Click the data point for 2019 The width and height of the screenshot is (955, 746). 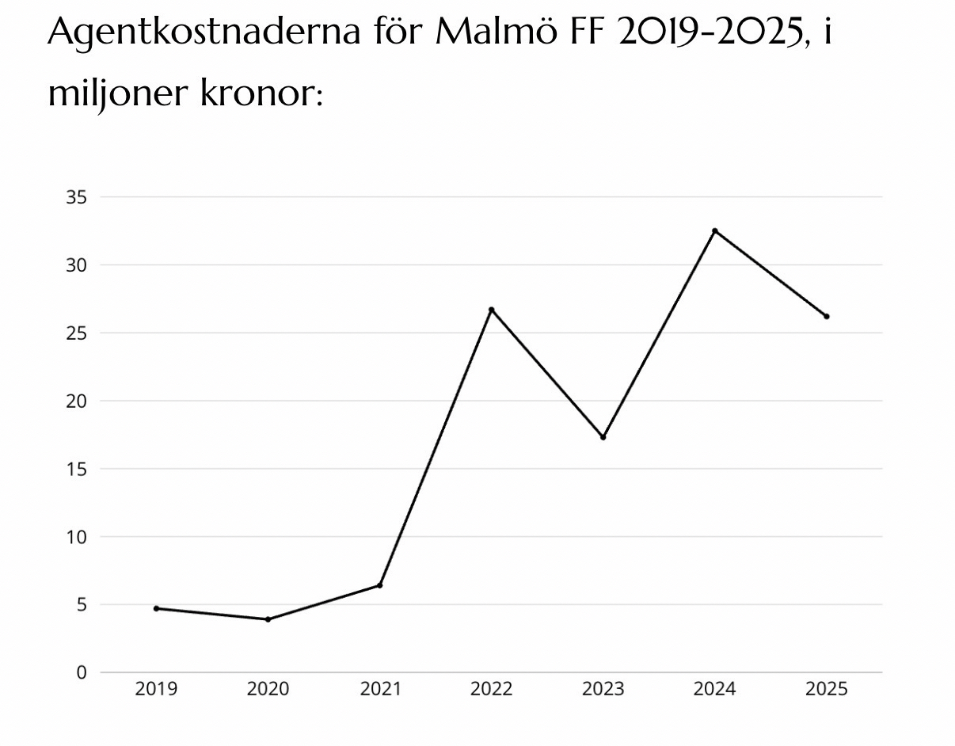156,608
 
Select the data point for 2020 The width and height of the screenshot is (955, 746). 268,619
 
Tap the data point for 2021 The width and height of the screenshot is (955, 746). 379,585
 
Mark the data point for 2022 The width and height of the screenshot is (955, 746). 491,310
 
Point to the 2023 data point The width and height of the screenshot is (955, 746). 603,437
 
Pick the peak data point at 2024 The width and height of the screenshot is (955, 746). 714,230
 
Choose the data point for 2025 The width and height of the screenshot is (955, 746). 826,316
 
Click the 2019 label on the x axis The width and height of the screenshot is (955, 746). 156,689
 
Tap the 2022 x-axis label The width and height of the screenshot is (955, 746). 491,689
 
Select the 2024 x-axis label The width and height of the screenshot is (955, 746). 714,689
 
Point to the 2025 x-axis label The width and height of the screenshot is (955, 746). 826,689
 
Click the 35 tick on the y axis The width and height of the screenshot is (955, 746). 76,197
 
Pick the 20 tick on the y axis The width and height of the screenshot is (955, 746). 76,401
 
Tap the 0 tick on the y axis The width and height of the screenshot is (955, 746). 81,672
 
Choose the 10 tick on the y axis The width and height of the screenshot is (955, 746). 76,537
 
